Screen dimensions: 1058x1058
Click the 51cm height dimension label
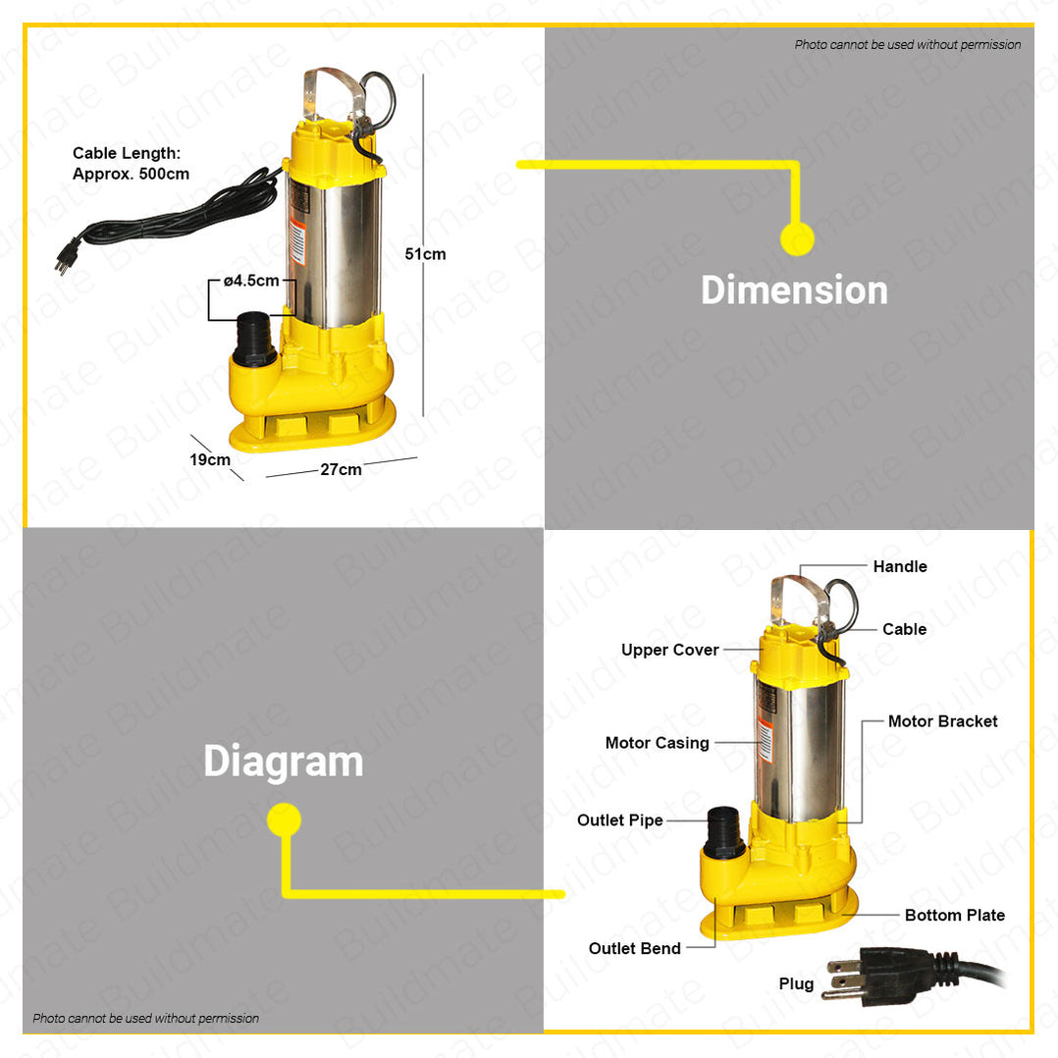425,254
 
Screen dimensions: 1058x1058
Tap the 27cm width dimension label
341,470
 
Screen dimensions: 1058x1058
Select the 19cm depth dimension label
210,459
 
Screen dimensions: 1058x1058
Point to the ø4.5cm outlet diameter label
251,281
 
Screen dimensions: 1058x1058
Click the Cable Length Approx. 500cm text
131,164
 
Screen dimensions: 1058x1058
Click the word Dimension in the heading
794,291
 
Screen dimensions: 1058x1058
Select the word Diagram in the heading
283,762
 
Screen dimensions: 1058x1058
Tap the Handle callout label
899,566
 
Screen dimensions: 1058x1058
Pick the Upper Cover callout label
669,650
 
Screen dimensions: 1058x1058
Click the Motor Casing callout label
657,743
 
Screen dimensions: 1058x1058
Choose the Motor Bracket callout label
942,721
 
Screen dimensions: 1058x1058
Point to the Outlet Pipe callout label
619,820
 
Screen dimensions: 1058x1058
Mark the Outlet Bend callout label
634,948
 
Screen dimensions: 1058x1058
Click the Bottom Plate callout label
954,915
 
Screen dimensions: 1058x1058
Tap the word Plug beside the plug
796,983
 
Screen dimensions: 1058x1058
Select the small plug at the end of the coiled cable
67,255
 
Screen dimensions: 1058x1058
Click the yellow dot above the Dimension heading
797,238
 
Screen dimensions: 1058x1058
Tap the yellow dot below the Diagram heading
284,820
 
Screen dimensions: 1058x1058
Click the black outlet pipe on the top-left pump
255,339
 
